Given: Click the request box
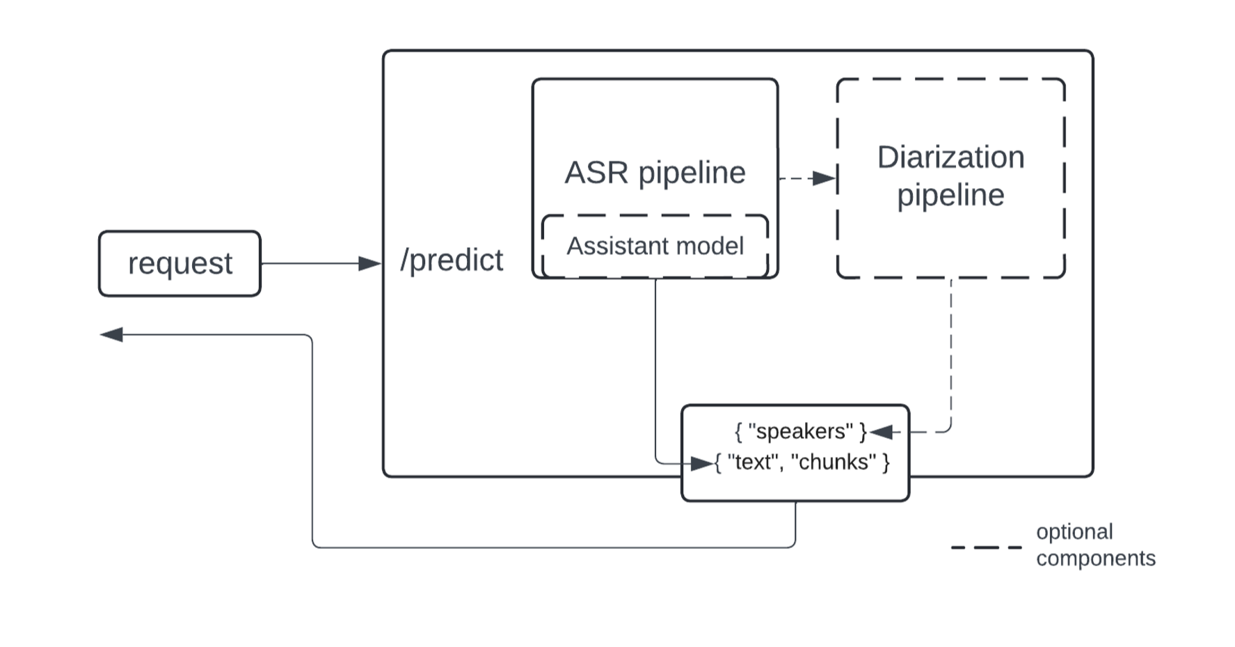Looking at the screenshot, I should [x=180, y=264].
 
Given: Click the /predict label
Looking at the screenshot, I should [x=451, y=260].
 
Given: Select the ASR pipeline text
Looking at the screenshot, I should [x=655, y=173].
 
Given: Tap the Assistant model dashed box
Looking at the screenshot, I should [x=655, y=246].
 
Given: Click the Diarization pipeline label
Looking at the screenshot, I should [x=950, y=176].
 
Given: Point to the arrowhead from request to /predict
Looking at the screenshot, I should [x=369, y=263].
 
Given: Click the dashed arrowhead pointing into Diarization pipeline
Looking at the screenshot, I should [x=824, y=178].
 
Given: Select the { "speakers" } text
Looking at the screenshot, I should [x=800, y=432].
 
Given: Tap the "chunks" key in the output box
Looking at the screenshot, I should [x=833, y=462].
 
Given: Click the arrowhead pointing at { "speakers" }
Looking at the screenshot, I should [x=881, y=432].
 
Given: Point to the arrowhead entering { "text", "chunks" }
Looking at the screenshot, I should [x=702, y=462].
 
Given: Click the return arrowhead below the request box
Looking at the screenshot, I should [x=111, y=335].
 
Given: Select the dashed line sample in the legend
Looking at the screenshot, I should [x=986, y=547].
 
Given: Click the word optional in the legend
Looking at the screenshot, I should [x=1074, y=532].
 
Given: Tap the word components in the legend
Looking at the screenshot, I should [x=1095, y=559].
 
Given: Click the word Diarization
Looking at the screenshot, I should [x=950, y=157].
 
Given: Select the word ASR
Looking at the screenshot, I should [x=596, y=173].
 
